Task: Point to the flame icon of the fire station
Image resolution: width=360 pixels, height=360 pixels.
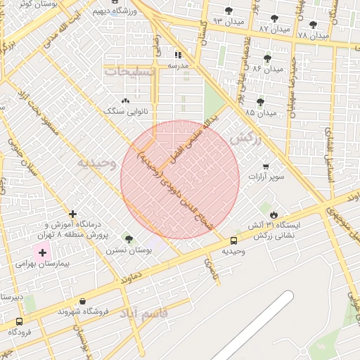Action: coord(274,215)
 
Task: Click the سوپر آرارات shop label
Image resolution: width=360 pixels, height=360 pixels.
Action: coord(266,176)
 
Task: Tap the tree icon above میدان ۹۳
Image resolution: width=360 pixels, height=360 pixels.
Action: coord(229,11)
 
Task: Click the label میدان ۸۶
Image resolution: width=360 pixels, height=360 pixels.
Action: coord(267,69)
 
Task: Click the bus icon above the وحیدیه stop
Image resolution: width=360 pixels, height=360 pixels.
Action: coord(233,240)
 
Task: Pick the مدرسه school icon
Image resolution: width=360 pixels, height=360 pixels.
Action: coord(178,54)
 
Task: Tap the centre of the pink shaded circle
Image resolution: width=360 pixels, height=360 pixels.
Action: coord(180,179)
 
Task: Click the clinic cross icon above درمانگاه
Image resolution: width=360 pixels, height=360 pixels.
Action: coord(72,214)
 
